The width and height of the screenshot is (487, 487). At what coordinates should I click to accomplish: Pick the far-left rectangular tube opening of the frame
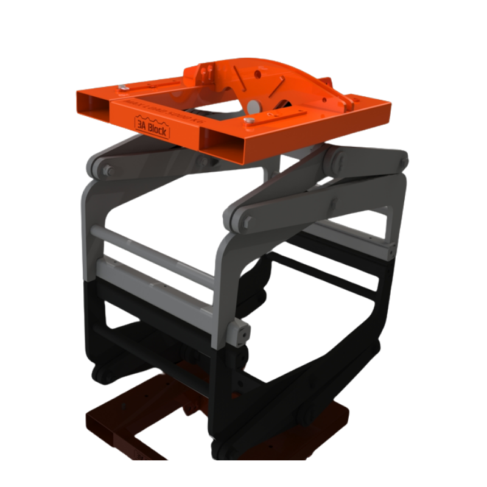click(93, 103)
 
